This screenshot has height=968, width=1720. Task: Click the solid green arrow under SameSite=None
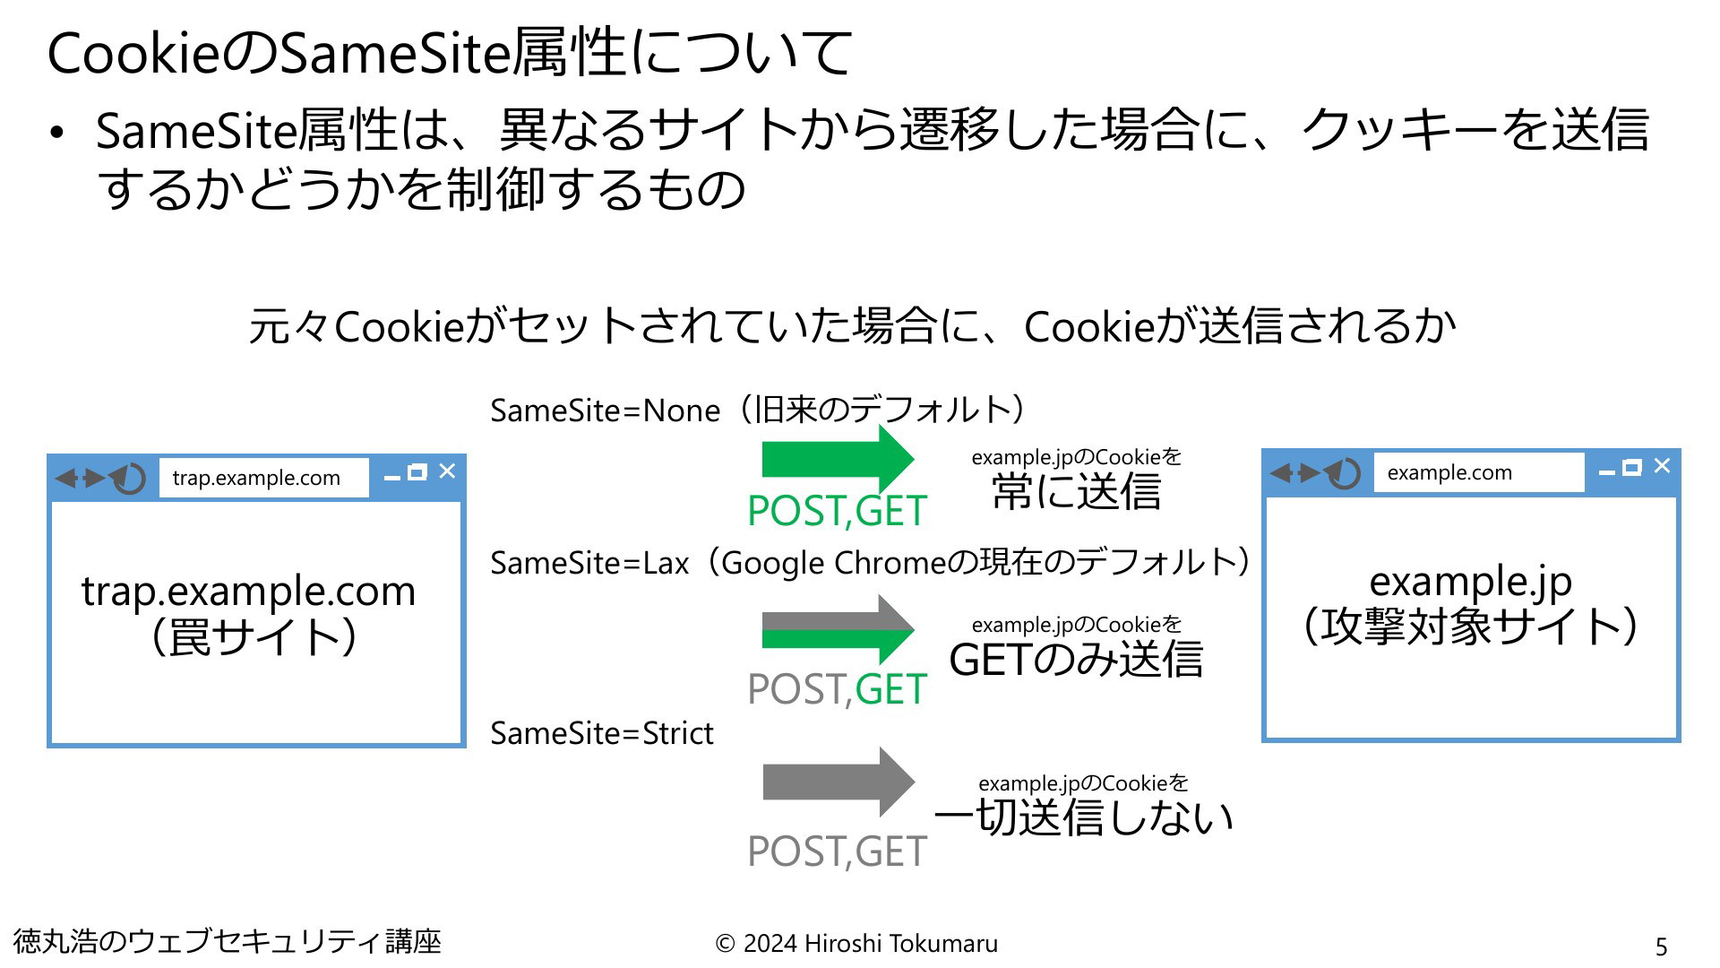pyautogui.click(x=838, y=459)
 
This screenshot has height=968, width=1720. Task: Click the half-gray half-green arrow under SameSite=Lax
pyautogui.click(x=838, y=629)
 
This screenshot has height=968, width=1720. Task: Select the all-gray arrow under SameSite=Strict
pyautogui.click(x=838, y=782)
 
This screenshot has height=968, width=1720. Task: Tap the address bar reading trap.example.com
pyautogui.click(x=264, y=478)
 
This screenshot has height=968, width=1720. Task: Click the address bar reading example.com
pyautogui.click(x=1479, y=472)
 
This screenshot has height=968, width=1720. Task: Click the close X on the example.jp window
pyautogui.click(x=1662, y=465)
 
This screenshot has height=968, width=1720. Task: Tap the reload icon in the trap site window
pyautogui.click(x=129, y=478)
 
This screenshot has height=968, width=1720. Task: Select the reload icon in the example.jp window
pyautogui.click(x=1344, y=472)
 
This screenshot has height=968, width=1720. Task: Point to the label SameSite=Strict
pyautogui.click(x=601, y=733)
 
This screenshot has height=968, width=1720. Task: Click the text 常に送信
pyautogui.click(x=1077, y=491)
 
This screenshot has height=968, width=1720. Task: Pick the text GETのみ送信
pyautogui.click(x=1076, y=660)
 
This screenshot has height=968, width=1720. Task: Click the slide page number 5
pyautogui.click(x=1661, y=946)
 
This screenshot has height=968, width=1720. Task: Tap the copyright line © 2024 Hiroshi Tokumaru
pyautogui.click(x=856, y=943)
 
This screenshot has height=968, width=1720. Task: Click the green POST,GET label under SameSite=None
pyautogui.click(x=837, y=512)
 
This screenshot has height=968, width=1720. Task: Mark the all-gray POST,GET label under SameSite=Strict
pyautogui.click(x=837, y=851)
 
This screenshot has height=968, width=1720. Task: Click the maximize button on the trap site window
pyautogui.click(x=417, y=472)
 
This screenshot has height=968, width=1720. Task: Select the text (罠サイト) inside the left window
pyautogui.click(x=254, y=637)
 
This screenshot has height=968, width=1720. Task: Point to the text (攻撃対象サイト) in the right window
pyautogui.click(x=1470, y=626)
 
